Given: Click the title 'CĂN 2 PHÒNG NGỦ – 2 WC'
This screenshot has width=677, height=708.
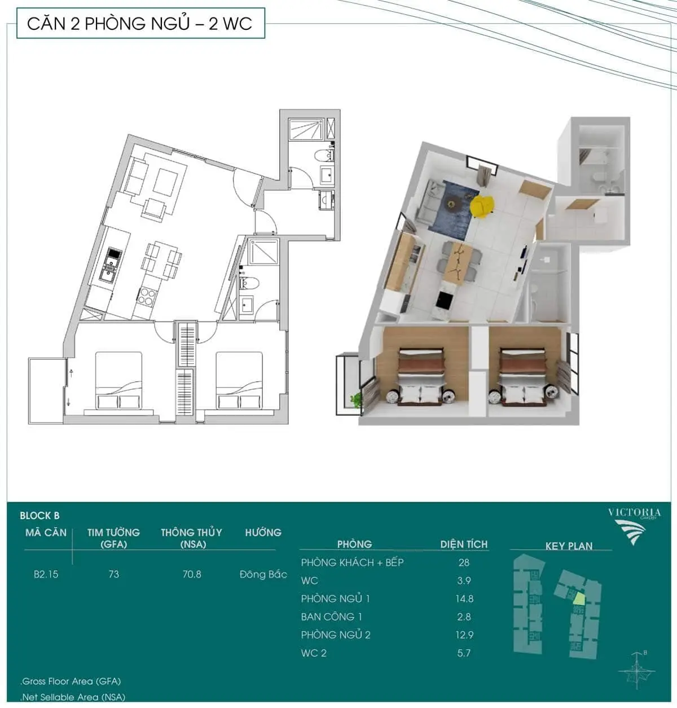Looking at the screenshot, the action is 140,24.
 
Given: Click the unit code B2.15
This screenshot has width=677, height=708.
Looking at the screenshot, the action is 46,574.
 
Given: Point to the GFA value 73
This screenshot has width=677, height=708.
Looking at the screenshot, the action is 113,574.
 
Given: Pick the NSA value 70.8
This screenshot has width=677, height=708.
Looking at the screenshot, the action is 192,574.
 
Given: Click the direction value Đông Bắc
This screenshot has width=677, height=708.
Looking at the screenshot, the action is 263,574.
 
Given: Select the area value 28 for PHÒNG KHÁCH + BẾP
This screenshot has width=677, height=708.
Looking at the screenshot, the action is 464,562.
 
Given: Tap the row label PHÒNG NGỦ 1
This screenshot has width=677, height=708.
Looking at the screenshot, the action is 335,599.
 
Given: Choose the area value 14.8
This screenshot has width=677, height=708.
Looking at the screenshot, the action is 464,599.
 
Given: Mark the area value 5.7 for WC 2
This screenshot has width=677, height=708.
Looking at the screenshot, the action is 464,653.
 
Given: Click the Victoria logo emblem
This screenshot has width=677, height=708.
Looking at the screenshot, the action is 630,532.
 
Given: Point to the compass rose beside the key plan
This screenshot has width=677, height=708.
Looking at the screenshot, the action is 636,670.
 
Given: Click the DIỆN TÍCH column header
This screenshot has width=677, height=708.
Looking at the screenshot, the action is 464,544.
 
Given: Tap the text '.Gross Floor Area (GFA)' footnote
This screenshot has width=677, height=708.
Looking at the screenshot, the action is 71,681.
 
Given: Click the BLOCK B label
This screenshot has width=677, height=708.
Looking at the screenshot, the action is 39,515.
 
